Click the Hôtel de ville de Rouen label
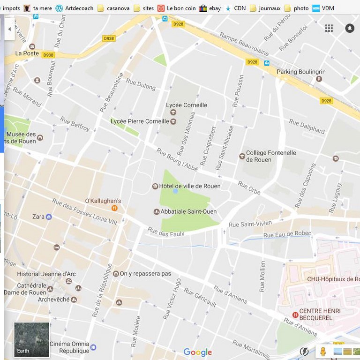tap(189, 186)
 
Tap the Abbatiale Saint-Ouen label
tap(188, 211)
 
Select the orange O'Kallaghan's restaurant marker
tap(114, 208)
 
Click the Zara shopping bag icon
tap(49, 217)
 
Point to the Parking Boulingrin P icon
tap(319, 79)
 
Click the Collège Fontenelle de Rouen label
tap(271, 156)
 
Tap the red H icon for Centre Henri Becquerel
tap(295, 315)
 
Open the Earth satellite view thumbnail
tap(31, 340)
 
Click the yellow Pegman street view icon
tap(322, 351)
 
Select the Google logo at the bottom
tap(197, 352)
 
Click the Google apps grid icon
tap(329, 28)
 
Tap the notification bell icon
tap(350, 28)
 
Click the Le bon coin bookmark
tap(177, 8)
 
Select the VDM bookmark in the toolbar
tap(323, 8)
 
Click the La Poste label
tap(27, 53)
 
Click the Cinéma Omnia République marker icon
tap(93, 347)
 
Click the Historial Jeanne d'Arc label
tap(46, 274)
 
